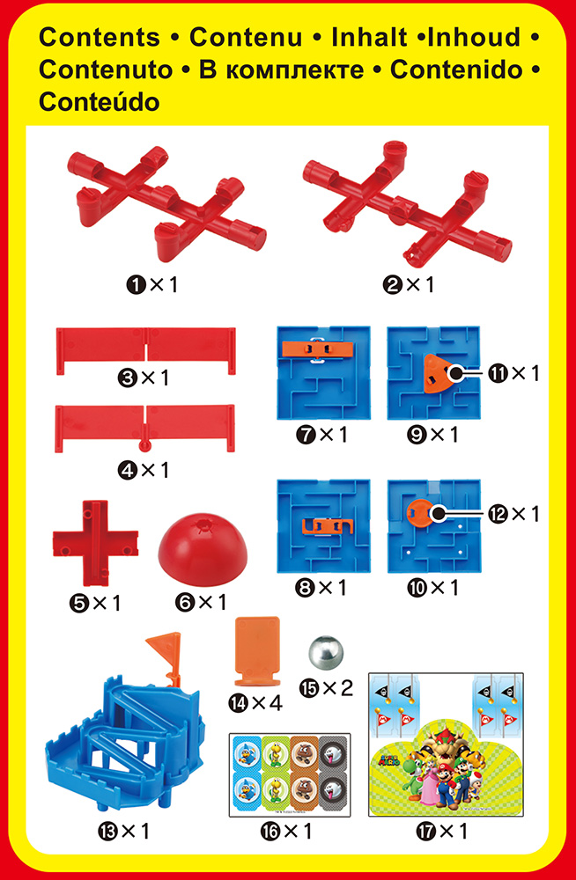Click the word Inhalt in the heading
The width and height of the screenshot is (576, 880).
tap(369, 38)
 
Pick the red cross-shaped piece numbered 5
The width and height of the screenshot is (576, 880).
tap(95, 543)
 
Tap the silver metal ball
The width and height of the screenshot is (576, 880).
tap(325, 652)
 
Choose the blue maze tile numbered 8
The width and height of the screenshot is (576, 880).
tap(324, 526)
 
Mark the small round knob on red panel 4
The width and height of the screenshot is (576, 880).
tap(145, 444)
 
